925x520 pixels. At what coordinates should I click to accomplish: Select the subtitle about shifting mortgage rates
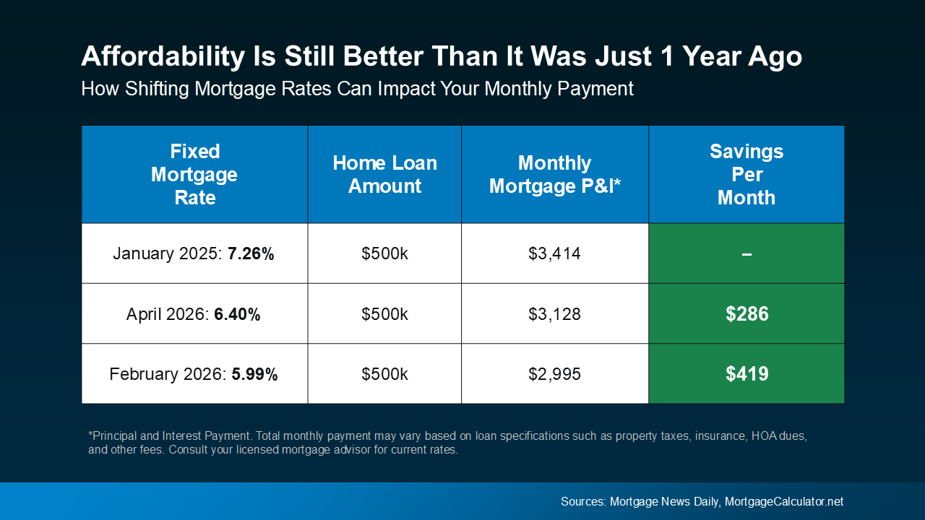tap(357, 89)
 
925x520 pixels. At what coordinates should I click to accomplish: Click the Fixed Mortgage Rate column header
tap(194, 174)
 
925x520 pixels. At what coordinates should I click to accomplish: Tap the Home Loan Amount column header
tap(384, 174)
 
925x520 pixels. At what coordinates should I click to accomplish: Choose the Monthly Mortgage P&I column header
tap(554, 174)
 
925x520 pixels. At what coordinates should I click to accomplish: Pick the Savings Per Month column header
tap(746, 174)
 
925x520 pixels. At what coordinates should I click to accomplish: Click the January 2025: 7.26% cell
tap(194, 253)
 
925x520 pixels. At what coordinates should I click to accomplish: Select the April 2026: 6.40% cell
tap(194, 314)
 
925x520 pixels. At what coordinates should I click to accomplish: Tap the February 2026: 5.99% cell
tap(194, 374)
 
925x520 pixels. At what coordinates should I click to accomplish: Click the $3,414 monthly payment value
tap(554, 253)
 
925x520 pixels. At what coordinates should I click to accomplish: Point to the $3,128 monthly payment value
tap(554, 314)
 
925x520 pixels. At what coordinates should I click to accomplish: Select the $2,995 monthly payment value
tap(554, 374)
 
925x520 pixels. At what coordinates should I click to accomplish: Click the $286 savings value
tap(747, 314)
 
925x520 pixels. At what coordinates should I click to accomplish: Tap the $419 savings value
tap(747, 374)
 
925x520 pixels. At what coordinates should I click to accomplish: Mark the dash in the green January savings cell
tap(747, 254)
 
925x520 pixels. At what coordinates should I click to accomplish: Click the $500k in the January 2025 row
tap(384, 253)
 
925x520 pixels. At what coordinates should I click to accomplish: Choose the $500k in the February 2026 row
tap(384, 374)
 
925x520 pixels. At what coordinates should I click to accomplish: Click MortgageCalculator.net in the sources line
tap(784, 501)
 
